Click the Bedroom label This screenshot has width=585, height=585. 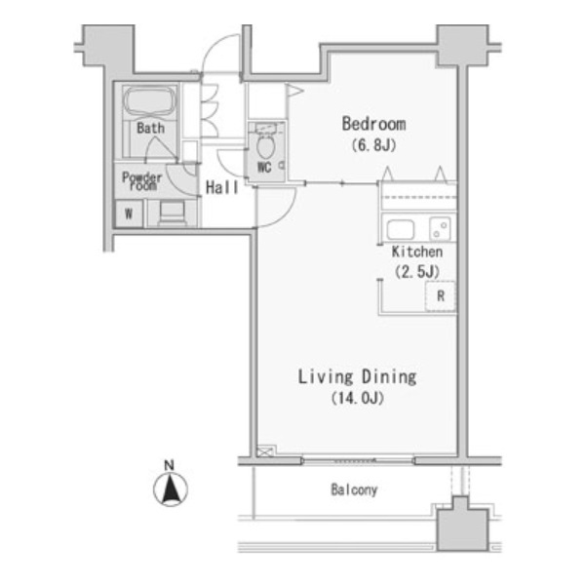pyautogui.click(x=373, y=124)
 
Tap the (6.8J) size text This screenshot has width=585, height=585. pyautogui.click(x=373, y=145)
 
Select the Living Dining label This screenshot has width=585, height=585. pyautogui.click(x=357, y=376)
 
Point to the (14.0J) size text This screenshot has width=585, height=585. pyautogui.click(x=358, y=398)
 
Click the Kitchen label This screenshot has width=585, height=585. pyautogui.click(x=417, y=252)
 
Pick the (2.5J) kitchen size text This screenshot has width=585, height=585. pyautogui.click(x=417, y=271)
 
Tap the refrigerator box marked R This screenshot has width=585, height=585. pyautogui.click(x=441, y=296)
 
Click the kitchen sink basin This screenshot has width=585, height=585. pyautogui.click(x=401, y=229)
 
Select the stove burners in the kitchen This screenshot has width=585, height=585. pyautogui.click(x=441, y=229)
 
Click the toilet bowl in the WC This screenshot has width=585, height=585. pyautogui.click(x=265, y=147)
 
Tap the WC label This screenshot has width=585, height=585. pyautogui.click(x=264, y=168)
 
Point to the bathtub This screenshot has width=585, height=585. pyautogui.click(x=149, y=100)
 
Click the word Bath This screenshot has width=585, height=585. pyautogui.click(x=151, y=128)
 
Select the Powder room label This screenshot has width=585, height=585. pyautogui.click(x=142, y=181)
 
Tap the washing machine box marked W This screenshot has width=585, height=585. pyautogui.click(x=129, y=214)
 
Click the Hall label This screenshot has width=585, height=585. pyautogui.click(x=222, y=187)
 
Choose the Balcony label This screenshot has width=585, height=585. pyautogui.click(x=354, y=489)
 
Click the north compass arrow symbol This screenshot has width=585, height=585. pyautogui.click(x=171, y=489)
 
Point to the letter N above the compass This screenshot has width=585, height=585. pyautogui.click(x=169, y=465)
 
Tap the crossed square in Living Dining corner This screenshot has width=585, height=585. pyautogui.click(x=266, y=451)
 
